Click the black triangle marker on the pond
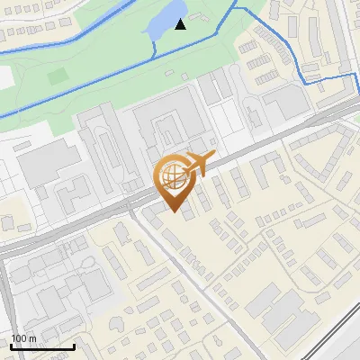click(x=181, y=23)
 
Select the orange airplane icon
click(x=200, y=165)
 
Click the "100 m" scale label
click(x=23, y=338)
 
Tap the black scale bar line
click(x=42, y=346)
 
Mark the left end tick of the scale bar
click(x=11, y=345)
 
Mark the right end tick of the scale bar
click(x=74, y=345)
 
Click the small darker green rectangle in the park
click(x=58, y=76)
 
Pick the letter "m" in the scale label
click(x=32, y=338)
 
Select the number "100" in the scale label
click(x=19, y=338)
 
